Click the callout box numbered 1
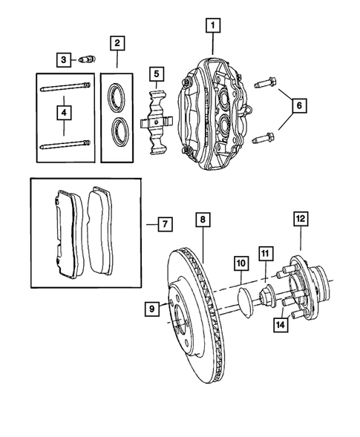(214, 26)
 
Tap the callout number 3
(65, 59)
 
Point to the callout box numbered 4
(65, 113)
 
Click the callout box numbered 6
(299, 106)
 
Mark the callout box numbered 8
(203, 219)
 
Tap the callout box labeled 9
(151, 309)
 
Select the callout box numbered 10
(240, 263)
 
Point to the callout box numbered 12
(301, 219)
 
